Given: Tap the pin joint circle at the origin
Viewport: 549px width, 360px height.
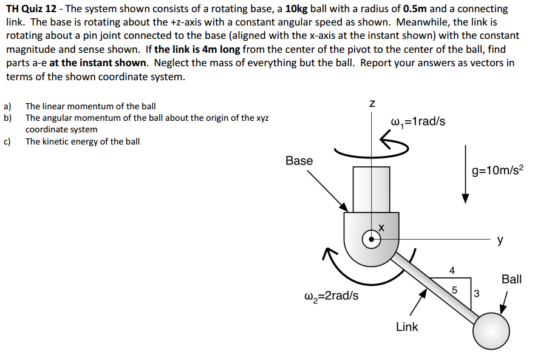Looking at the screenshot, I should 372,239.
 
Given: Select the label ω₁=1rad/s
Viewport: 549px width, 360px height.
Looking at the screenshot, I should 419,121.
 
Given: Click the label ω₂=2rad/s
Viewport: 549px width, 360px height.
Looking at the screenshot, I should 330,296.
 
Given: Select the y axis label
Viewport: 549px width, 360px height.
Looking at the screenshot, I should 500,240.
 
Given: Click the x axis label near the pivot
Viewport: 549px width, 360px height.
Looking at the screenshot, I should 382,227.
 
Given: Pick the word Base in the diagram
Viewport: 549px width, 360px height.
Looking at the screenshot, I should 299,161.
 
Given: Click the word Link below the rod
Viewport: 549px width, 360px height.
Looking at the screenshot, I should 406,327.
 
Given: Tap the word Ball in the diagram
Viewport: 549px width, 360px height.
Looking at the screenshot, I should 511,279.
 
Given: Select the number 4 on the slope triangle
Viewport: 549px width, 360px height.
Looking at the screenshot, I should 451,270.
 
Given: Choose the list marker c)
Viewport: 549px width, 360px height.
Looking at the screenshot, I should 8,141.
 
